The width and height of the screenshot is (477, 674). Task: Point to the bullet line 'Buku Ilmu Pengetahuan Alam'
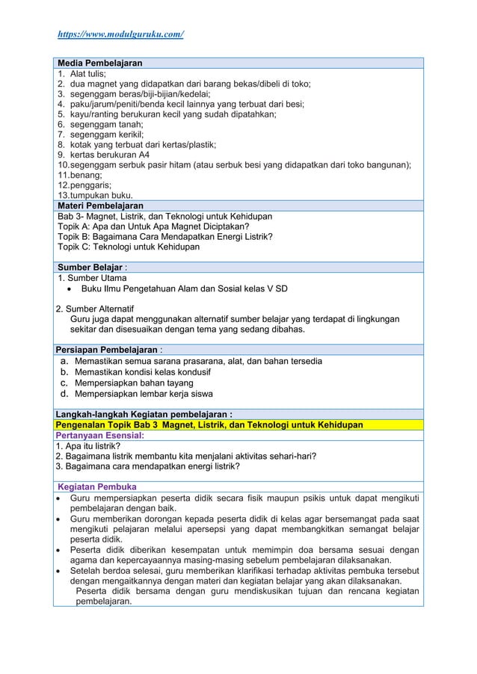click(x=184, y=288)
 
